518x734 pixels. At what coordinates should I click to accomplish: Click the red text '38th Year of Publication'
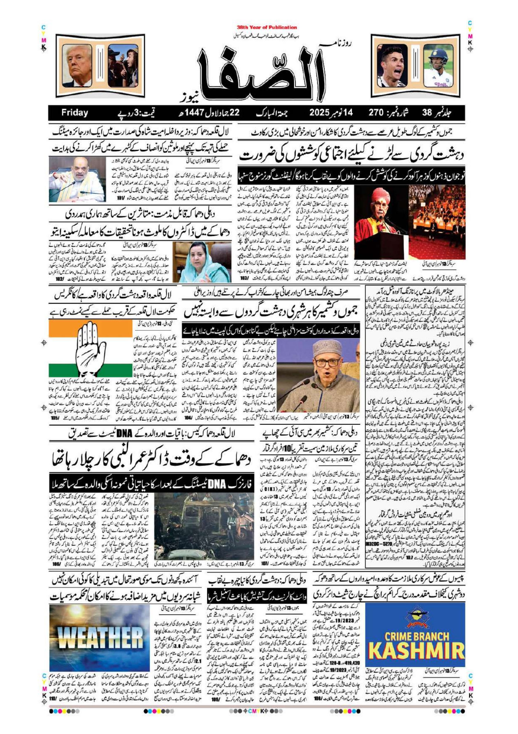pyautogui.click(x=267, y=27)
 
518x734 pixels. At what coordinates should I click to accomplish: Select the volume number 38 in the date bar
pyautogui.click(x=427, y=112)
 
